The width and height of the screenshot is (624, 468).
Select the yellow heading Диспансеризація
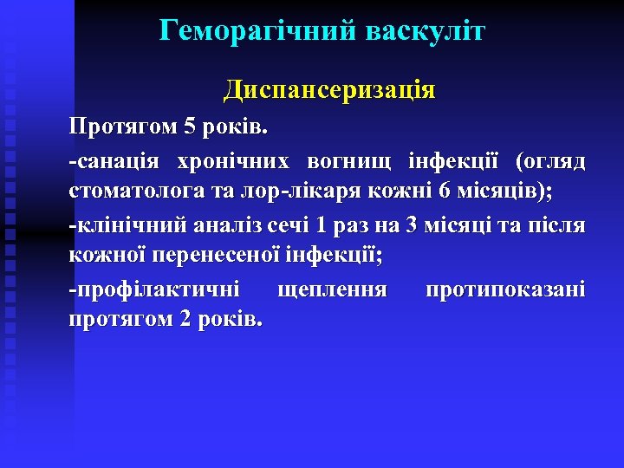pyautogui.click(x=329, y=89)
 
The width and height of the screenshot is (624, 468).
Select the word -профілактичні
pyautogui.click(x=155, y=289)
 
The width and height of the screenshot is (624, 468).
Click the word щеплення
pyautogui.click(x=331, y=289)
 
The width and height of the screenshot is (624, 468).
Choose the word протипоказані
pyautogui.click(x=505, y=289)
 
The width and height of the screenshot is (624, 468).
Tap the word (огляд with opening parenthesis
pyautogui.click(x=550, y=161)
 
